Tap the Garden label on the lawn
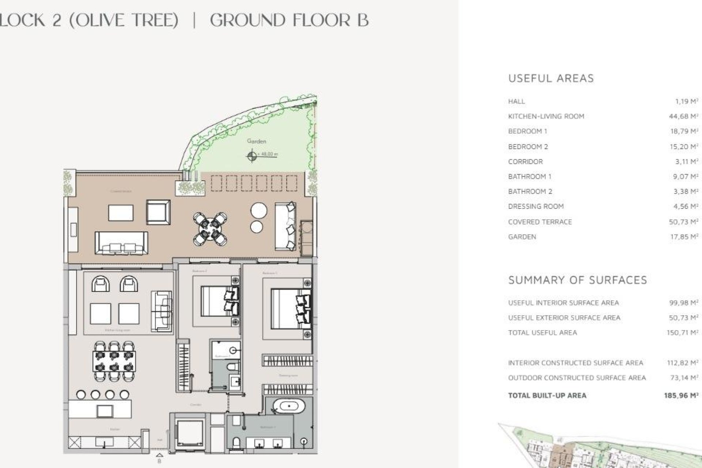pos(256,141)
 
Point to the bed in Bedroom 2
pos(218,301)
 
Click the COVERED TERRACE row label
pos(540,222)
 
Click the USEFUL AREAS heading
pos(551,78)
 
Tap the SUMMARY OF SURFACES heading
pos(577,280)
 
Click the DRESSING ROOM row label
pos(536,207)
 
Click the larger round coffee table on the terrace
pos(259,211)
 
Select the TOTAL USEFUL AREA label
pos(542,333)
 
